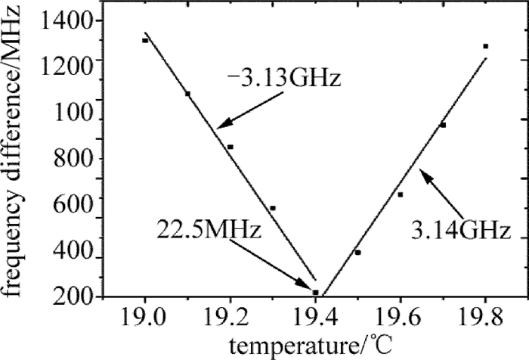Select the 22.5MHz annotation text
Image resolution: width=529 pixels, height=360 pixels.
point(209,228)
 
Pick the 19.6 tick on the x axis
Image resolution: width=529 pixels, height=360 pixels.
point(401,316)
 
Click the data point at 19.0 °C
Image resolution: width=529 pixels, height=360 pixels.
point(145,40)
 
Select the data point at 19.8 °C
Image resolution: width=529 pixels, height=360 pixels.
point(486,46)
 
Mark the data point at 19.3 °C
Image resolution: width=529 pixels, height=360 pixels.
point(273,208)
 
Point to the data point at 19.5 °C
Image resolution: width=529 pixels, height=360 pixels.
point(357,252)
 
